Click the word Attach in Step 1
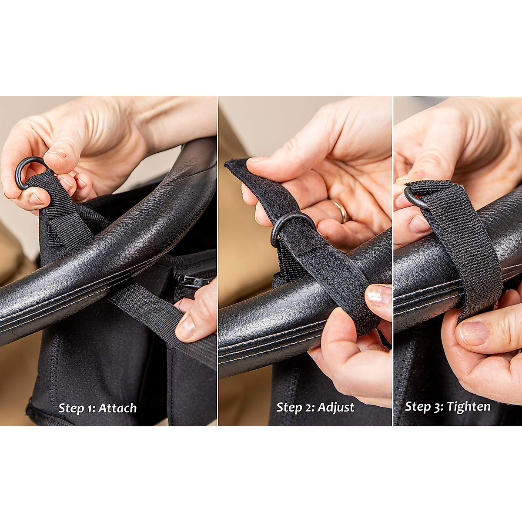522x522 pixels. pos(117,408)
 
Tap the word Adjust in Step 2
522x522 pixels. pos(336,408)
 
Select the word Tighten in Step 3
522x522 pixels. pos(468,407)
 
